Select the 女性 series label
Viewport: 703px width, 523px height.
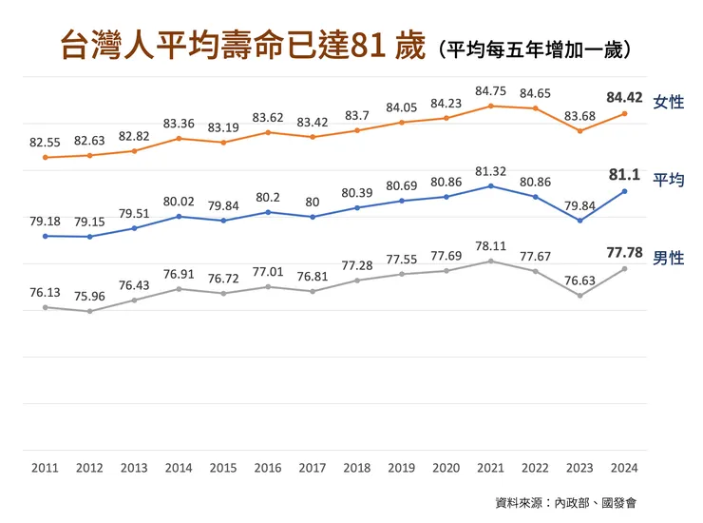(x=669, y=102)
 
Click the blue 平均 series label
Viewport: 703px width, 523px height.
(x=669, y=180)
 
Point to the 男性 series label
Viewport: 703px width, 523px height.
(x=669, y=258)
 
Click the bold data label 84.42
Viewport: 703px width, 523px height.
(x=623, y=96)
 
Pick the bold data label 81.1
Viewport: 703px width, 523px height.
(x=623, y=175)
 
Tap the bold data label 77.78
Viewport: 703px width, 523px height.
(x=623, y=253)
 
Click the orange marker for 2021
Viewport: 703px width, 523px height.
(x=490, y=106)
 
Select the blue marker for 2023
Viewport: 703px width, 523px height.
(x=579, y=221)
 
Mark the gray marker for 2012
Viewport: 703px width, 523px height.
(x=89, y=311)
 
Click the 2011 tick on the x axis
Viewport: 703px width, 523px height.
(x=45, y=468)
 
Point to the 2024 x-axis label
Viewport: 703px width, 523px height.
(x=624, y=468)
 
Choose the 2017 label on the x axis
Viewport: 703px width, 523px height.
(x=313, y=468)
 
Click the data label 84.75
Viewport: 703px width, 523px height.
(x=490, y=91)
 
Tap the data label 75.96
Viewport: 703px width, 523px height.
(x=89, y=294)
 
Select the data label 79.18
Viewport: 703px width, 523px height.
(x=45, y=221)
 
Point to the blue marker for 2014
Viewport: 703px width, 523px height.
(x=179, y=217)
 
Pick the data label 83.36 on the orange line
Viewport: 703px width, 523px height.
(x=179, y=123)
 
